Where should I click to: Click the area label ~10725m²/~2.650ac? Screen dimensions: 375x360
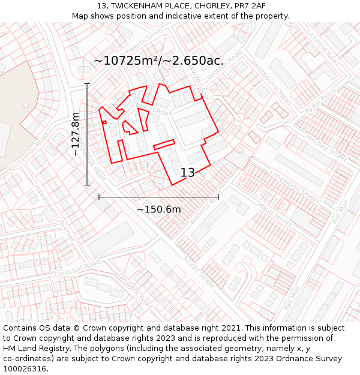click(x=158, y=61)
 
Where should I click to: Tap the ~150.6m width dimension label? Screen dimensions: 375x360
click(x=158, y=209)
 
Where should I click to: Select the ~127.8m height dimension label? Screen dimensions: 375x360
click(x=76, y=134)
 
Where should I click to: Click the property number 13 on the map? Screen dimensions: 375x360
click(x=187, y=173)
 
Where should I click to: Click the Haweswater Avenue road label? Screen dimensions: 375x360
click(x=55, y=213)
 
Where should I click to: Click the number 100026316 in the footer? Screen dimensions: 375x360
click(x=25, y=368)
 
